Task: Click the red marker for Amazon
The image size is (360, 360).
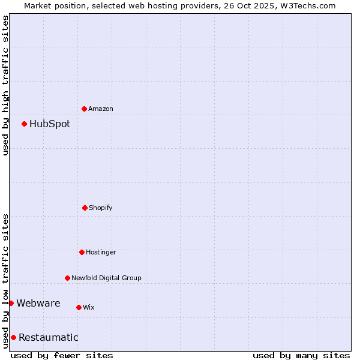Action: [84, 109]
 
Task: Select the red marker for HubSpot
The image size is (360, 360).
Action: [24, 124]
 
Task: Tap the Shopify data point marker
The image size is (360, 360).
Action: [85, 208]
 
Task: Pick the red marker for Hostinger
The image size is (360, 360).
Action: [82, 252]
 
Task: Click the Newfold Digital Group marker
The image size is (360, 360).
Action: [67, 278]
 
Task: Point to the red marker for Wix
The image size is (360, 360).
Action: [79, 307]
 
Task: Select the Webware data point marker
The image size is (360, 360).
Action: [11, 303]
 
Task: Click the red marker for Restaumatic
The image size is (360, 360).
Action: [13, 337]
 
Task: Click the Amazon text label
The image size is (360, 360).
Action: [101, 109]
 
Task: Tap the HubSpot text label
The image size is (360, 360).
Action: [50, 124]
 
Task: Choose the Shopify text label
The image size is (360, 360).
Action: [101, 208]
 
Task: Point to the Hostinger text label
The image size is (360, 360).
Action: [101, 252]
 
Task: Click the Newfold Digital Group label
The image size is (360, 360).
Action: [106, 278]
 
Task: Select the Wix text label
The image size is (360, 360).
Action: [89, 307]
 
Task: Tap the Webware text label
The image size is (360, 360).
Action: [38, 303]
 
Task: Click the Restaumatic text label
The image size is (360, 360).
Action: [49, 337]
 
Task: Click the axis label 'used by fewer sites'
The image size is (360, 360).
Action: [62, 355]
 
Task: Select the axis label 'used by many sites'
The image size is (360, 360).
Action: [301, 355]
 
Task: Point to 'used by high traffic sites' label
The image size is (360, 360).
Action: [5, 85]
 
